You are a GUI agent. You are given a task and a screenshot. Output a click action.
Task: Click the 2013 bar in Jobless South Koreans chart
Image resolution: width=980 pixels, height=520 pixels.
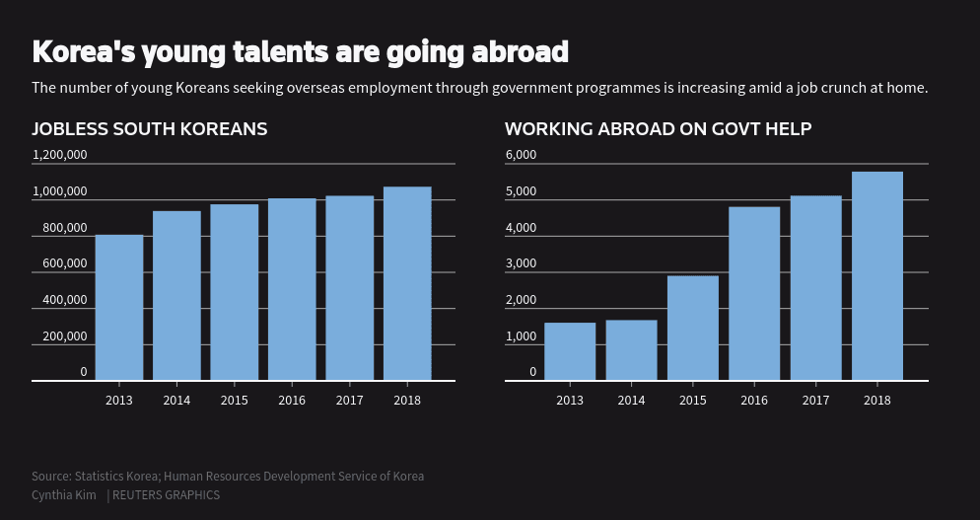pos(119,307)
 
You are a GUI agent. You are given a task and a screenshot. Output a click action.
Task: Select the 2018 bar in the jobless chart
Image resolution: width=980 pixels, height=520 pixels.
pos(407,283)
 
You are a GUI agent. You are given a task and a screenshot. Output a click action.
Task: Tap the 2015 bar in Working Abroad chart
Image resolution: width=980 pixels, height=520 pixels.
pos(692,328)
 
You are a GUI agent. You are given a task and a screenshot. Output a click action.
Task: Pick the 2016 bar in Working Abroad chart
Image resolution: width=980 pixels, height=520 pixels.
pos(754,293)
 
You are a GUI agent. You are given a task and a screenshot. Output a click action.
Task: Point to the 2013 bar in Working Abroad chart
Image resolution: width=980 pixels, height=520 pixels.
pos(570,351)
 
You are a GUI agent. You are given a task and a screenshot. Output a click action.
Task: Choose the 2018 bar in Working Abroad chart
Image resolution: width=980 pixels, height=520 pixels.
pos(877,275)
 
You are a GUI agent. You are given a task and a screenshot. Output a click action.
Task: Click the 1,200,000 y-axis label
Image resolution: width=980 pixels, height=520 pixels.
pos(60,155)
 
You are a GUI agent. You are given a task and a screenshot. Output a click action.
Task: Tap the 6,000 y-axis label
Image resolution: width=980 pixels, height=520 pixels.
pos(521,155)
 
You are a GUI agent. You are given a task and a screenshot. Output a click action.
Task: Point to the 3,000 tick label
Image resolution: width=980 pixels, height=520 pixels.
pos(521,263)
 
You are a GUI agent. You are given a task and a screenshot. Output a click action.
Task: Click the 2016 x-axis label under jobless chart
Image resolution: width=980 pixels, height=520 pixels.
pos(292,400)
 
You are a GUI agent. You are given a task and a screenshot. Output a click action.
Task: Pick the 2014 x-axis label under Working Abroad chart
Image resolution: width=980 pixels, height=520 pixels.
pos(631,400)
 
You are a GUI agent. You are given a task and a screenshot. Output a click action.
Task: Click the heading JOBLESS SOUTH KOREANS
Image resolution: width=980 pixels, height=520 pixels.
pos(150,129)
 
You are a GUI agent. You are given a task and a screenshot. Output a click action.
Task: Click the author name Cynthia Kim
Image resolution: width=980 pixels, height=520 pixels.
pos(64,494)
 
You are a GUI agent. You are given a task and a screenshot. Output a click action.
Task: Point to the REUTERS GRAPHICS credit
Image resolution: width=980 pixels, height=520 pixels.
pos(166,494)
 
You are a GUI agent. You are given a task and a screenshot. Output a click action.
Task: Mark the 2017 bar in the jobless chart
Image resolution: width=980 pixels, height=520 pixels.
pos(350,287)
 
